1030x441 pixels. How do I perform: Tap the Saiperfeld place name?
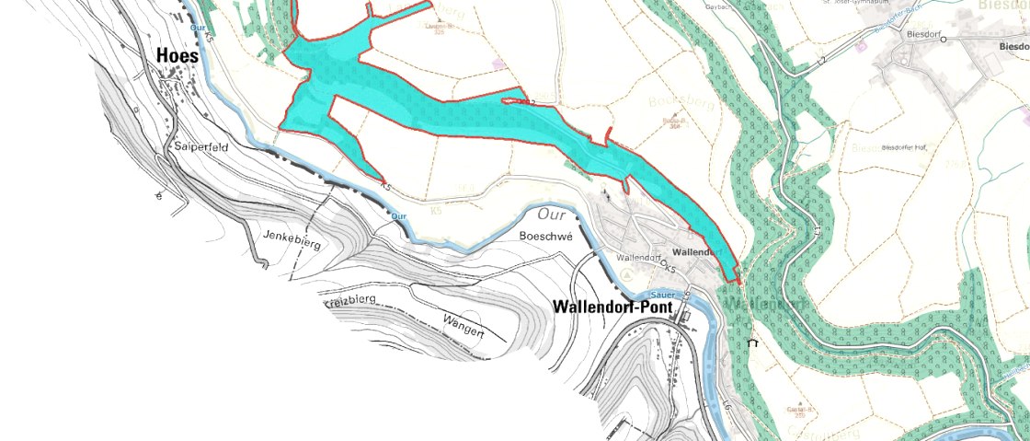coord(200,146)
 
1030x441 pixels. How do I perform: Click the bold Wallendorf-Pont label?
coord(612,307)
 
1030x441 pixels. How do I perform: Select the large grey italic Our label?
coord(549,214)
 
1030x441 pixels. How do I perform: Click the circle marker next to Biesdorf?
coord(943,39)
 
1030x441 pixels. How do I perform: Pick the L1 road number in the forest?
coord(815,222)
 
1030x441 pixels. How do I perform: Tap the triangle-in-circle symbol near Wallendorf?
coord(627,274)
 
